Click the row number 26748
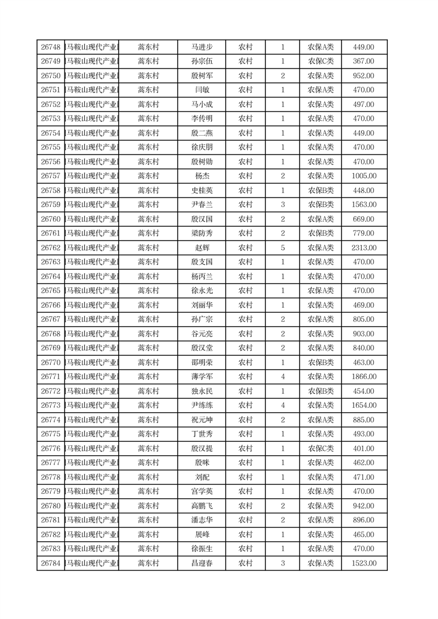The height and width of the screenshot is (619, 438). (51, 47)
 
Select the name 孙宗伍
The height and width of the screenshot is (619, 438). (201, 61)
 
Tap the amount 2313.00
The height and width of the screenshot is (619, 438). (364, 248)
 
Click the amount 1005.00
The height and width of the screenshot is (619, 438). (364, 176)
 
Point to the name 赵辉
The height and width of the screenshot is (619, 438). (201, 248)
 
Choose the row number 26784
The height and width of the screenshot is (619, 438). (51, 563)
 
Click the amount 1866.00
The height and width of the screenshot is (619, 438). (364, 377)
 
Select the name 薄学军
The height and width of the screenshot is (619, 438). (201, 377)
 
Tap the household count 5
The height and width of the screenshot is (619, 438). (283, 248)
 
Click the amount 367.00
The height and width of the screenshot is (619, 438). (364, 61)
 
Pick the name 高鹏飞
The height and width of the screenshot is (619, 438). (201, 506)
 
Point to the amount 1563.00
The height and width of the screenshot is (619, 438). (364, 205)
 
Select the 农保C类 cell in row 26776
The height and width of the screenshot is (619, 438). (321, 449)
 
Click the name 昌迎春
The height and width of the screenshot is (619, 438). (201, 563)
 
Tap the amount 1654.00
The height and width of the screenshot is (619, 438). (364, 405)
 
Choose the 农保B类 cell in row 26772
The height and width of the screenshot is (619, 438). (321, 391)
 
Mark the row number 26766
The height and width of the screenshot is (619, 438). (51, 305)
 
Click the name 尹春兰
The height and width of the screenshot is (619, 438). (201, 205)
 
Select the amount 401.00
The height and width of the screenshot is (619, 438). (364, 449)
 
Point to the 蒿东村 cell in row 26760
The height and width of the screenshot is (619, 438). (148, 219)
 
